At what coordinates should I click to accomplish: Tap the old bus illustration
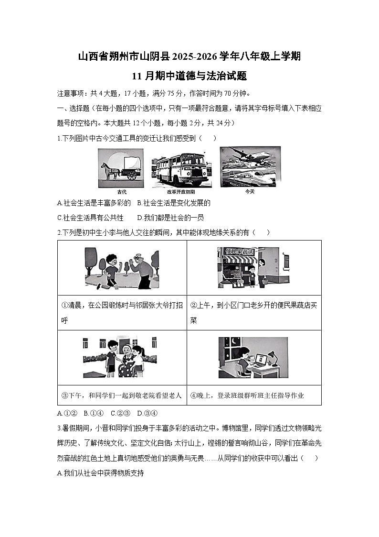pos(181,170)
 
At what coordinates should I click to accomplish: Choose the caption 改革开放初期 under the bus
pos(181,191)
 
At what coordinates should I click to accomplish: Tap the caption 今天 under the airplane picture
pos(250,191)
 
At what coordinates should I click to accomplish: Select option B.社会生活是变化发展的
pos(173,203)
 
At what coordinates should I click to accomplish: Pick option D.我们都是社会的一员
pos(170,218)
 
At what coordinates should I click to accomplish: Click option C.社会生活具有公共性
pos(90,218)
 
